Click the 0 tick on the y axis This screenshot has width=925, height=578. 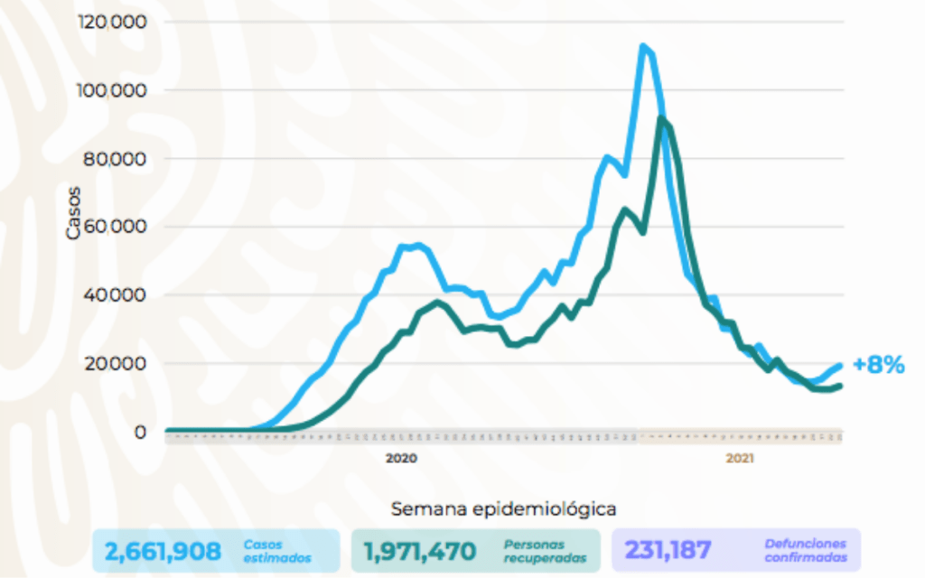140,432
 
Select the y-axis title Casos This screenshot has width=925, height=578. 74,212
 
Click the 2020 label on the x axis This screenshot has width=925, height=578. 401,459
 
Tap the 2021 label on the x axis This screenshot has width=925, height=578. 740,459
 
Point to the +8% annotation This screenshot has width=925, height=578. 878,365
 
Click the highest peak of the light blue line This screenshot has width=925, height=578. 642,46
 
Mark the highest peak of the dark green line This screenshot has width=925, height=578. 662,118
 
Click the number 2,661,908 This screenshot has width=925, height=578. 163,550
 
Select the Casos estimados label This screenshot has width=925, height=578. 276,550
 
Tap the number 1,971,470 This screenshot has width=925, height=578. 419,550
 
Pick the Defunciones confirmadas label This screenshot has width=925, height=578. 805,550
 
